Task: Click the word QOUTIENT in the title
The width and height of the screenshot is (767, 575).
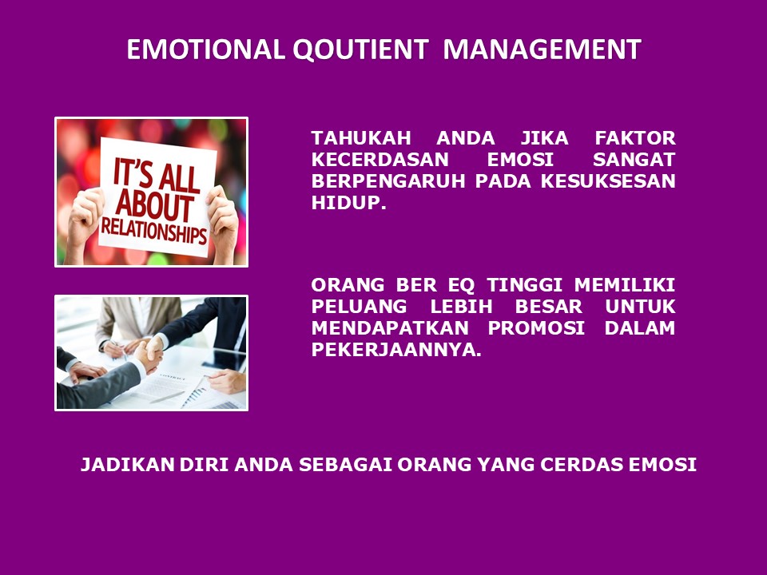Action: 360,50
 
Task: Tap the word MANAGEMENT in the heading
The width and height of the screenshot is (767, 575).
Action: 542,50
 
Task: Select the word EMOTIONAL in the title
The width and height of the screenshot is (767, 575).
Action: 206,50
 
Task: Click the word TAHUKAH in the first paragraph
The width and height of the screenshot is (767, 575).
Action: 361,138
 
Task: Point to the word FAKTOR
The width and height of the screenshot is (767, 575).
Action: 635,138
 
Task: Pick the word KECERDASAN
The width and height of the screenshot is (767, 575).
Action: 380,160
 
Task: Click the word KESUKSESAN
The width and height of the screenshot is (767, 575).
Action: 608,181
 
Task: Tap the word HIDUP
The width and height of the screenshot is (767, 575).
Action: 349,202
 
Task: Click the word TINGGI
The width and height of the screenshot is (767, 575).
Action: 524,284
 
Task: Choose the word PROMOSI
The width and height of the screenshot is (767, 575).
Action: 536,327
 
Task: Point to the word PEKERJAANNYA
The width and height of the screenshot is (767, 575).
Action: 396,349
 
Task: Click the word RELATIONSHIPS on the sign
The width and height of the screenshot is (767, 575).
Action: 154,232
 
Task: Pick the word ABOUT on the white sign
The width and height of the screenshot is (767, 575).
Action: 154,204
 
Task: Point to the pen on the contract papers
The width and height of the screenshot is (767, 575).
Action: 166,397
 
